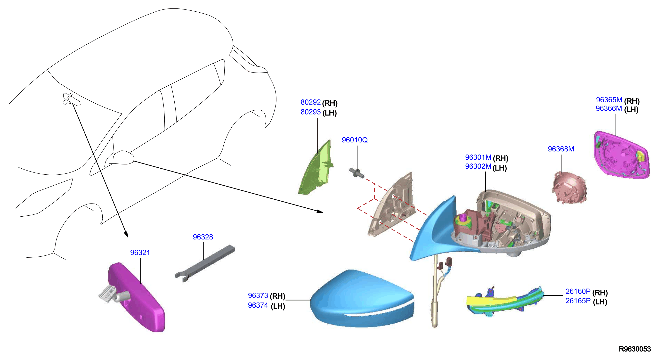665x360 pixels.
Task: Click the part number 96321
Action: [140, 252]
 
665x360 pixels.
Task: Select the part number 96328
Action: [203, 237]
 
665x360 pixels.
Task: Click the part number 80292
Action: [311, 102]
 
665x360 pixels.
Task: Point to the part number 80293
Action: [311, 112]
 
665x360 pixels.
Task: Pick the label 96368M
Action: [561, 149]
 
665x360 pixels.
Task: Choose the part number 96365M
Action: [609, 100]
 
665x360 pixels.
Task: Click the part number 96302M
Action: [478, 166]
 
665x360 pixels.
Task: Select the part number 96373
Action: [258, 295]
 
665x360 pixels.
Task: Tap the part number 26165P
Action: [578, 301]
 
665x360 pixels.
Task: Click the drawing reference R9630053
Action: [635, 349]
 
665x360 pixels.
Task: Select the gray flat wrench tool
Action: [205, 263]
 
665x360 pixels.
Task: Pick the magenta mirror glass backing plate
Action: [621, 155]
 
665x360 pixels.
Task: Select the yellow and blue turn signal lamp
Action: [505, 302]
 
